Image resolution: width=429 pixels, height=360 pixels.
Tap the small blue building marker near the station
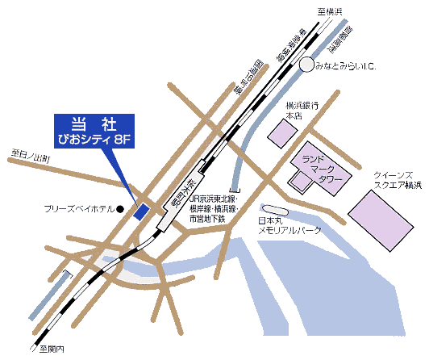click(x=140, y=212)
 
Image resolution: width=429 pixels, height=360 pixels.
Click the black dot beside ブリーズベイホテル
click(x=119, y=209)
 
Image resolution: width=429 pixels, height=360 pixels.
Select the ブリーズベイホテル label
click(x=78, y=209)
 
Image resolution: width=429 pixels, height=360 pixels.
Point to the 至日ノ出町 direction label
click(x=30, y=156)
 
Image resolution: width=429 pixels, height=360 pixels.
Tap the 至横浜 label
click(x=329, y=10)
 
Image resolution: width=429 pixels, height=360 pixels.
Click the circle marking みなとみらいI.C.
click(x=306, y=65)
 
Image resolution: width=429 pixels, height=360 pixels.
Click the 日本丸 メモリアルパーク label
click(x=289, y=224)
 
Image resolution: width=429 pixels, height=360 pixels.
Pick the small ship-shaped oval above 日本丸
click(x=273, y=210)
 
